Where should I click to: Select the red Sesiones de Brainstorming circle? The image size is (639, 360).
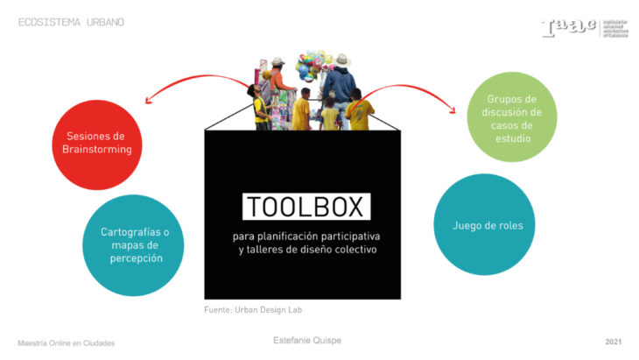click(96, 145)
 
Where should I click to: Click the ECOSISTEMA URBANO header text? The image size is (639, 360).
click(71, 21)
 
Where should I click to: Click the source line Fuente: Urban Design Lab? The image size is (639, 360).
click(254, 310)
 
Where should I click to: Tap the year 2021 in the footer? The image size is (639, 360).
click(614, 340)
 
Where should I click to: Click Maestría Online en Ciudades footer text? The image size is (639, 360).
click(67, 342)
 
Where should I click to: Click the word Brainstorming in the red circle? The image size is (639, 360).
click(97, 150)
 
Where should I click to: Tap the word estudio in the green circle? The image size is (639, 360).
click(513, 138)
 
